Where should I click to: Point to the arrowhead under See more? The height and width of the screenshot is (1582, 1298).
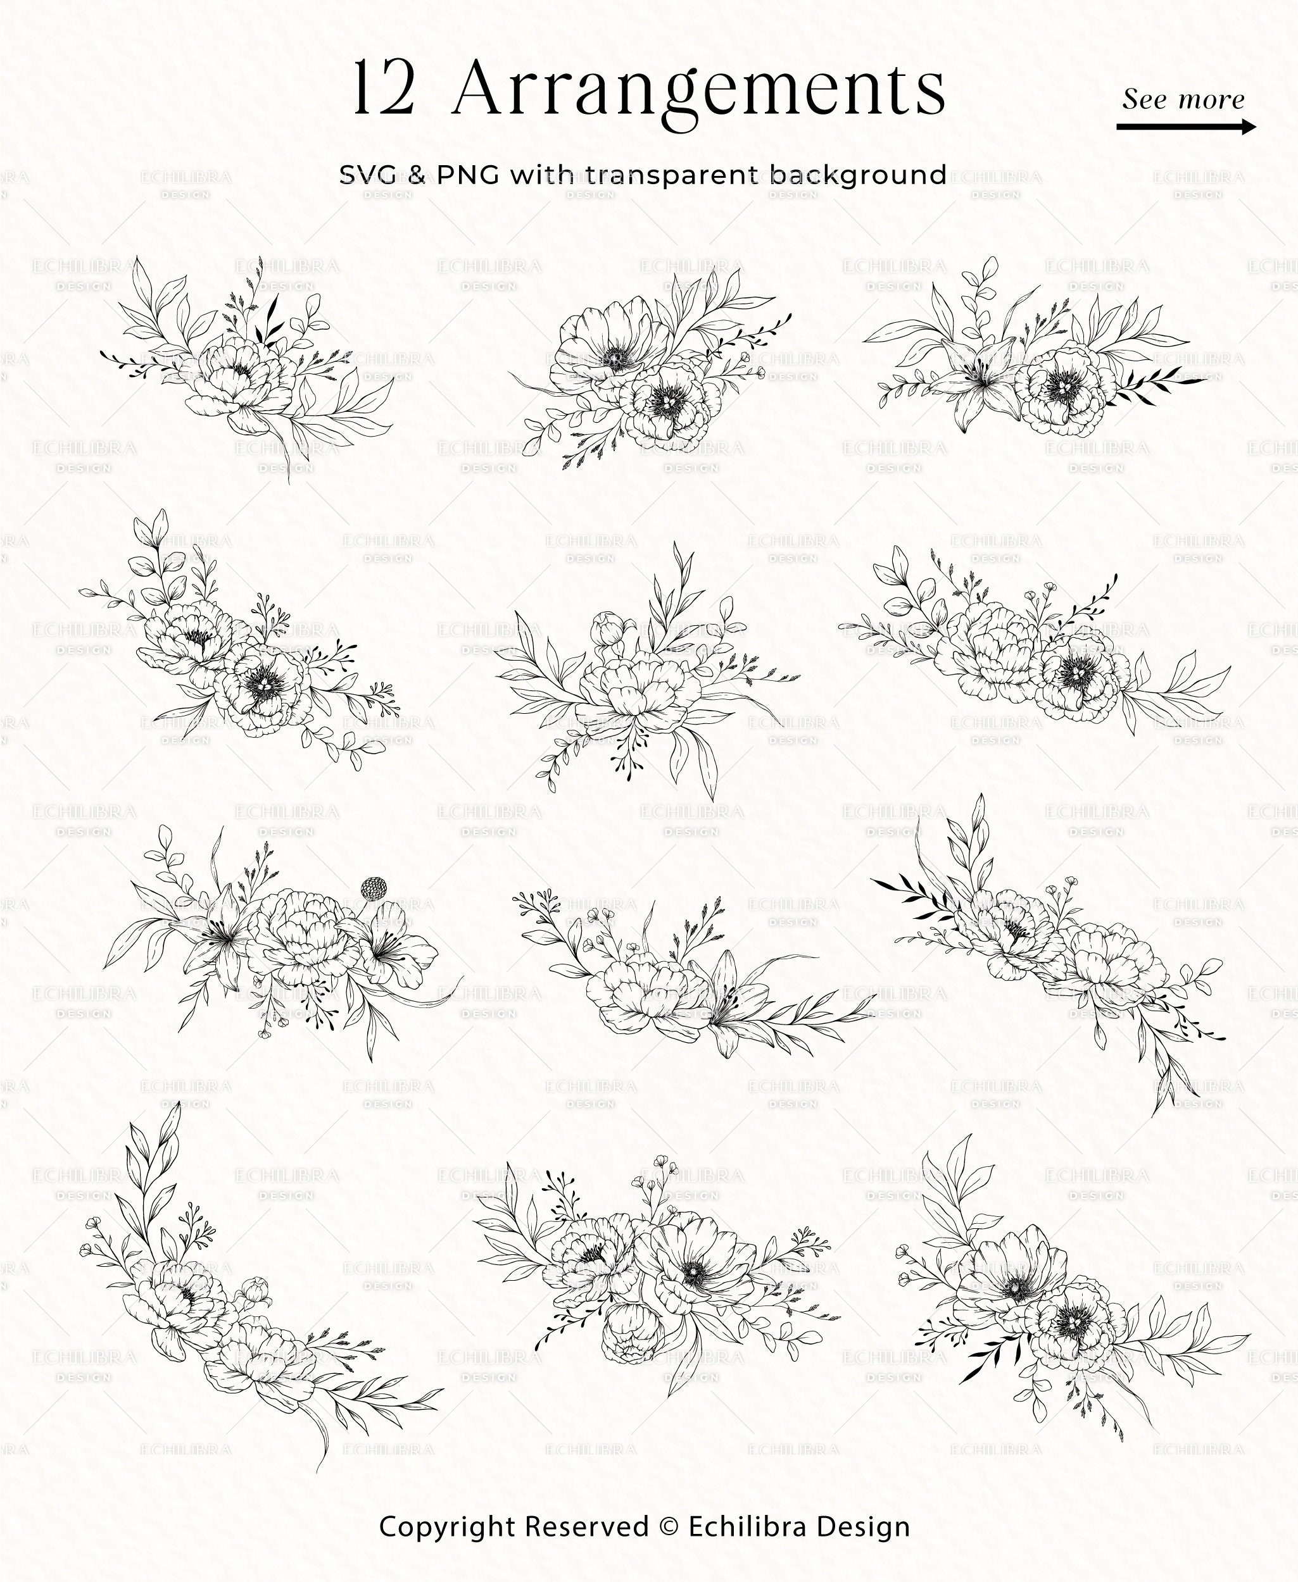point(1247,127)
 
